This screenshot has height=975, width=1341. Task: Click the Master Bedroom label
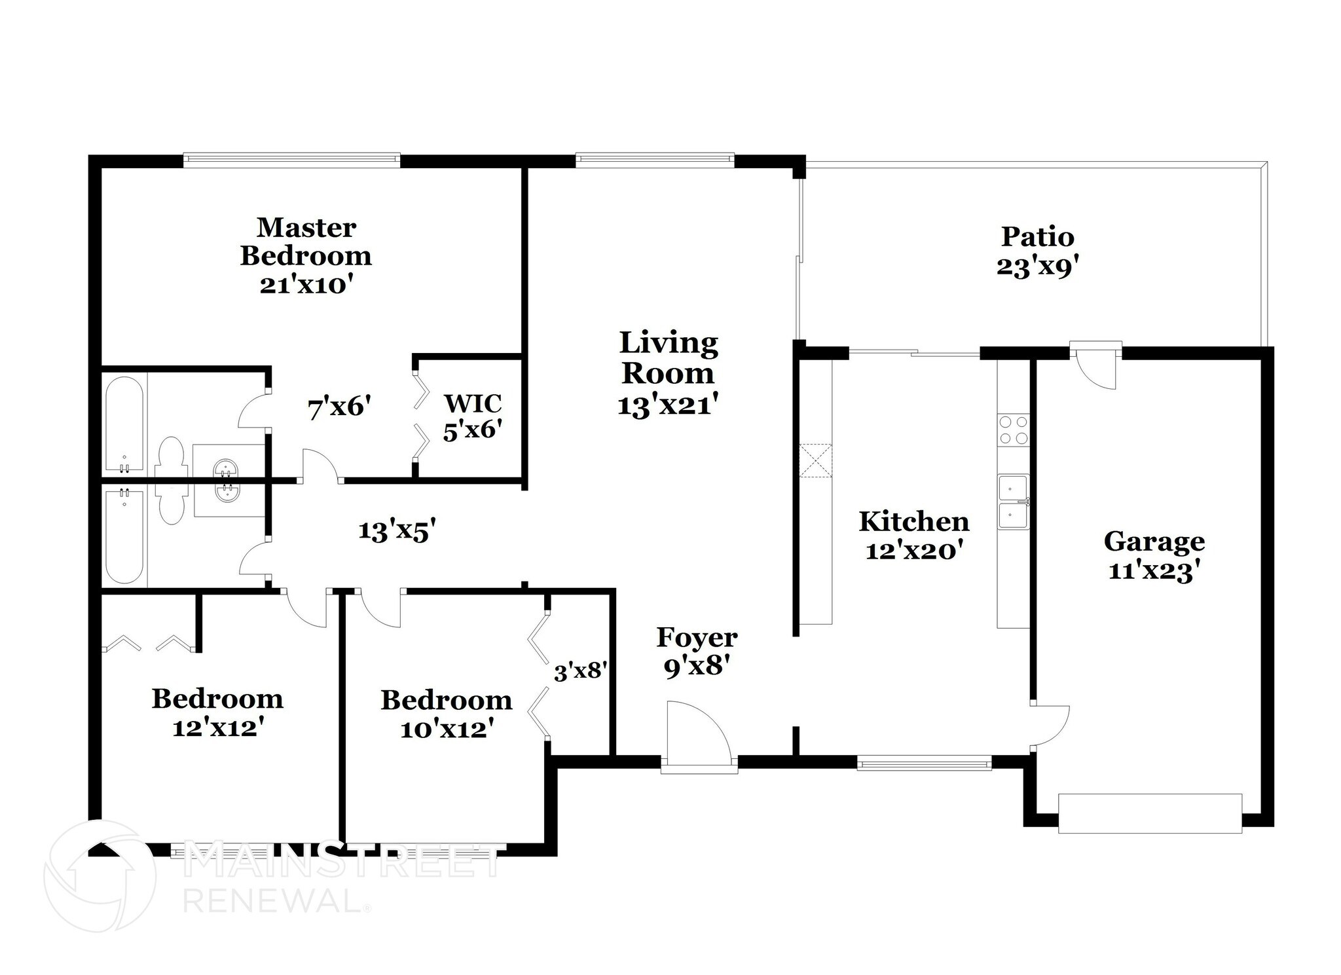(x=306, y=242)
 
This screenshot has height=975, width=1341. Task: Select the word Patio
(x=1037, y=236)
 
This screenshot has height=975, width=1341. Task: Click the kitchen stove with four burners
(x=1013, y=430)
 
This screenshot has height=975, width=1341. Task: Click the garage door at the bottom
(x=1150, y=813)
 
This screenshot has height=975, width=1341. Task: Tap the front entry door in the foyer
(x=698, y=733)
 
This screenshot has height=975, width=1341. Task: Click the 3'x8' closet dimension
(x=581, y=671)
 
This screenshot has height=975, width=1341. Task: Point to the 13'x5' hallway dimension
(x=397, y=530)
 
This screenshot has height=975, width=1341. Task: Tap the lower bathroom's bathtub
(x=124, y=536)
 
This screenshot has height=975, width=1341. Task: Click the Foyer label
(x=697, y=637)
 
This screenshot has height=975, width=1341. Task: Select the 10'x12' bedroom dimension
(x=446, y=729)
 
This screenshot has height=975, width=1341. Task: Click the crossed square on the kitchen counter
(x=815, y=462)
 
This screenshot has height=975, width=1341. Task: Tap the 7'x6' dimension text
(x=339, y=408)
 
